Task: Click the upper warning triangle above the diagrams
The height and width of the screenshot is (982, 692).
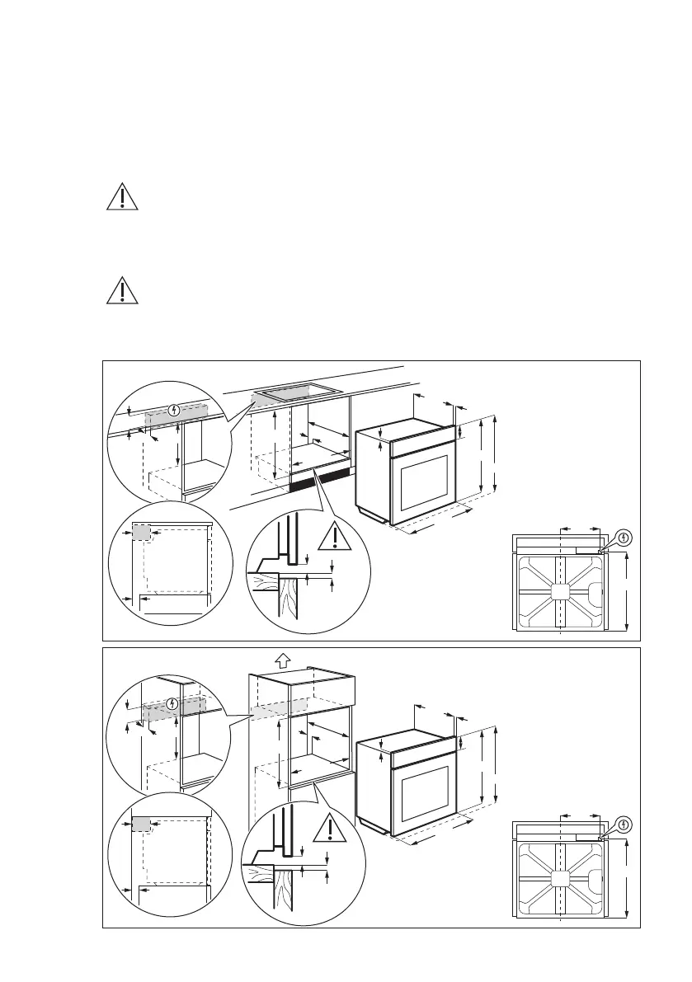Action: [122, 198]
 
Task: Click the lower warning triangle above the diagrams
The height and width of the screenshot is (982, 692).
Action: [122, 289]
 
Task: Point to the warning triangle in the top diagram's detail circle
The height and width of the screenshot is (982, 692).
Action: [335, 537]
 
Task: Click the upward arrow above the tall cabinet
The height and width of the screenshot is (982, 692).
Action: [283, 660]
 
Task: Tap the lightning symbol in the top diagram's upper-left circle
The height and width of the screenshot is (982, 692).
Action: [173, 409]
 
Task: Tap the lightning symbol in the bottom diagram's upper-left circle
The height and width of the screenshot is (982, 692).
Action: [172, 703]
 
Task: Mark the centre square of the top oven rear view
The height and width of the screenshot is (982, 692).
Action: [560, 591]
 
